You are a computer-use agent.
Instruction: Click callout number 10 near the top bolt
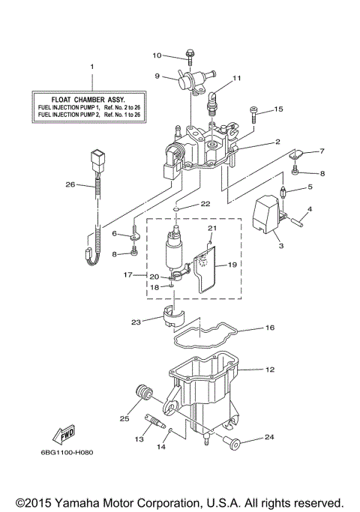(157, 55)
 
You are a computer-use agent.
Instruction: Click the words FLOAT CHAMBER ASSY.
(93, 98)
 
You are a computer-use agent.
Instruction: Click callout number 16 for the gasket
(270, 328)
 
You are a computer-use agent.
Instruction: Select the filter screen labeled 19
(204, 272)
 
